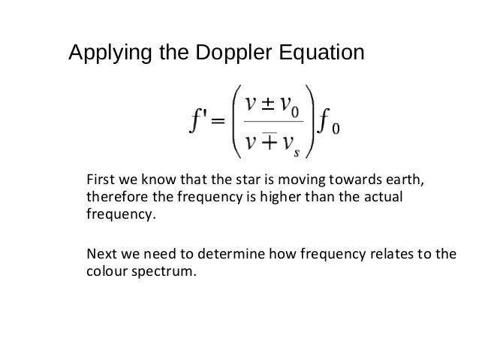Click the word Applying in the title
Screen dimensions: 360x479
[x=105, y=54]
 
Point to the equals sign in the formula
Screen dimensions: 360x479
[x=216, y=122]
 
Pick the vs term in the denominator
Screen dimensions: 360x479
[x=290, y=144]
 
